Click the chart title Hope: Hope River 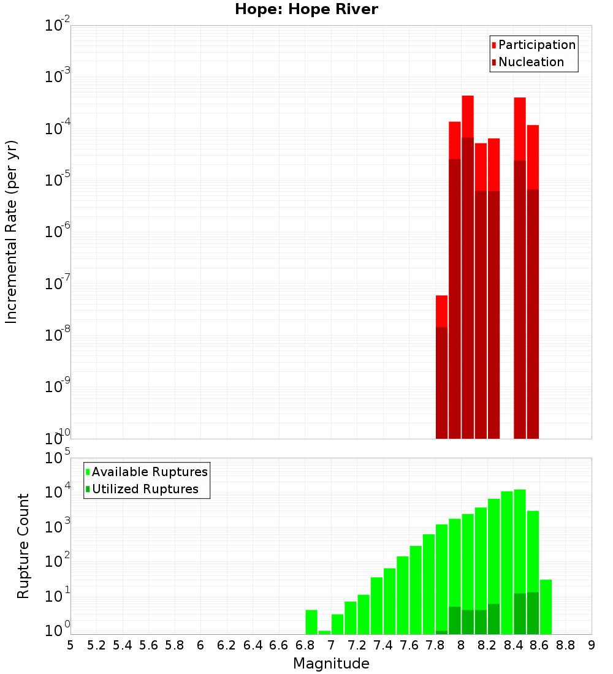(x=306, y=10)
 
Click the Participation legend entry (x=536, y=45)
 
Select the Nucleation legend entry (x=531, y=62)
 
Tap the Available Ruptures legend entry (x=150, y=472)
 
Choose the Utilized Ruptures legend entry (x=145, y=489)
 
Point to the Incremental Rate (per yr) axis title (x=12, y=232)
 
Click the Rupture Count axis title (x=23, y=546)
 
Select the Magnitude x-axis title (x=331, y=664)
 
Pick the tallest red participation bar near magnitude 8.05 (x=468, y=116)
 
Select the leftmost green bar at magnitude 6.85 (x=311, y=622)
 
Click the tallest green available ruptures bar (x=520, y=539)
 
